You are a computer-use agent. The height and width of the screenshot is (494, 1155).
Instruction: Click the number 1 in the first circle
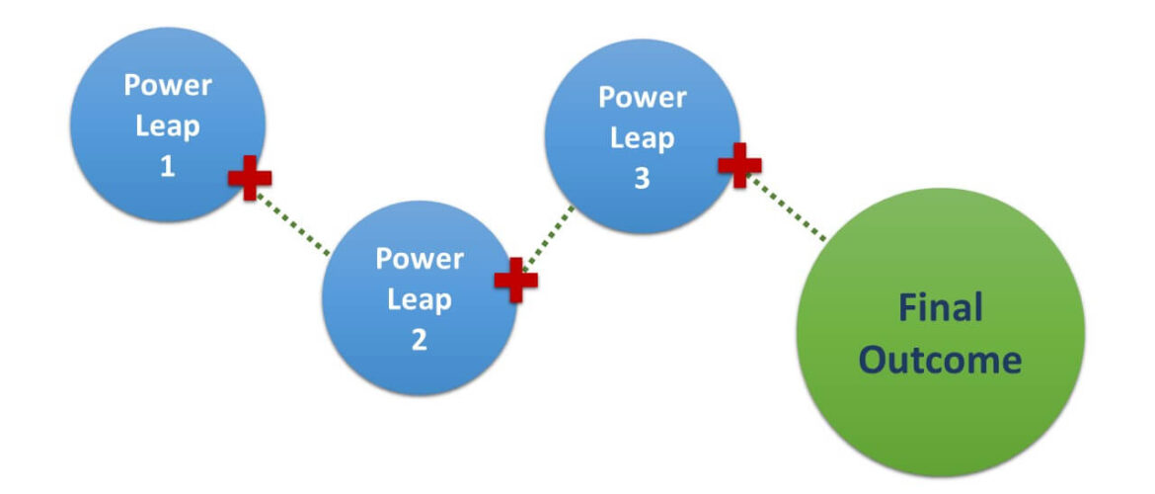167,166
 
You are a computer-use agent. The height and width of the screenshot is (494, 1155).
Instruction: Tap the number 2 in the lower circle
419,340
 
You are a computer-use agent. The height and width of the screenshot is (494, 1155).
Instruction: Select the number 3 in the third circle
642,180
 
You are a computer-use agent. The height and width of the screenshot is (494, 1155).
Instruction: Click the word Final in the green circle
940,308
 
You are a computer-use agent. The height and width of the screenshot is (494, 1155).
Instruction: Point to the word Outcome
940,360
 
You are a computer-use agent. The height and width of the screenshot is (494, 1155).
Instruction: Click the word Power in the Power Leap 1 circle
167,85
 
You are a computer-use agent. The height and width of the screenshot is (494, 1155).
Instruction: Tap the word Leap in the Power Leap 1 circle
167,125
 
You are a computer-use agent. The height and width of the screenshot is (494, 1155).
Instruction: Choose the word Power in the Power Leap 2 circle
419,259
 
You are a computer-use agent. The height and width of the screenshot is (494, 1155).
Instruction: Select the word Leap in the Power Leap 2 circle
419,299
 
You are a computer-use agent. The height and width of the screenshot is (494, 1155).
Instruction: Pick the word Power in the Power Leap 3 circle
642,97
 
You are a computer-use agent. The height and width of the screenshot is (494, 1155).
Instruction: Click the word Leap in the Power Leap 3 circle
642,138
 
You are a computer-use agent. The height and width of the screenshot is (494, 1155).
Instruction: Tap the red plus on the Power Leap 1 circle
250,178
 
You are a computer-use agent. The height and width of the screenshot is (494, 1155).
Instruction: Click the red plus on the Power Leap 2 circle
515,280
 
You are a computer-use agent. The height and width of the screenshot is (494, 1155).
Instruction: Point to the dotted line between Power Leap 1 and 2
293,223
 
